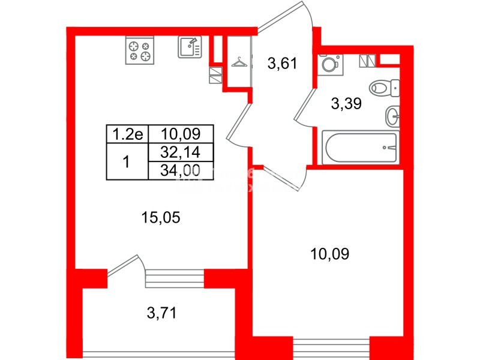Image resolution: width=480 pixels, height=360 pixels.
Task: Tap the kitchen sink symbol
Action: [190, 46]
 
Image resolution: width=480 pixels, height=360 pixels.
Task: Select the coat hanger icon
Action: [239, 62]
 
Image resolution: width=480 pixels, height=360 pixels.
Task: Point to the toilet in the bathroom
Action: [384, 88]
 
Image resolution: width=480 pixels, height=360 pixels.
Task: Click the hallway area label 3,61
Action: [283, 63]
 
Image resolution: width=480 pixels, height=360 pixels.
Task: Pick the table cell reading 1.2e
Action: [126, 134]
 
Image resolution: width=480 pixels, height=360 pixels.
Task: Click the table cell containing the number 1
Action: [126, 161]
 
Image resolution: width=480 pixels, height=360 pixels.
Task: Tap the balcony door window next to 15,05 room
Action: [174, 278]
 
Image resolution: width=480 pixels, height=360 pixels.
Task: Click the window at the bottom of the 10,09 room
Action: [332, 347]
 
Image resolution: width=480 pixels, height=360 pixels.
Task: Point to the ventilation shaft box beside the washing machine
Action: [367, 61]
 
